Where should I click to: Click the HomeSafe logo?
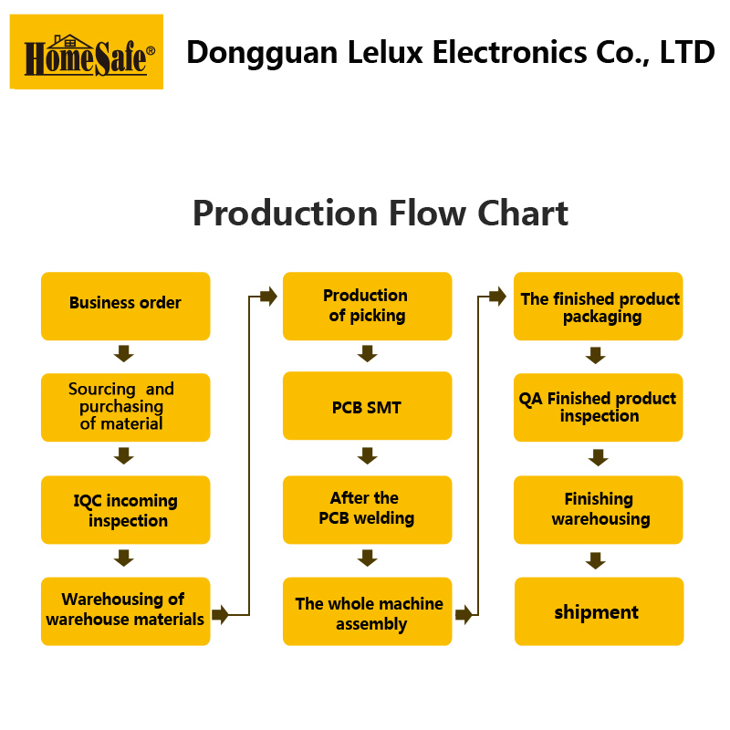[87, 52]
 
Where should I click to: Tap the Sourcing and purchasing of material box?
[126, 407]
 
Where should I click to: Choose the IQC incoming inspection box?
[126, 509]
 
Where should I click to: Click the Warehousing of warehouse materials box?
[126, 610]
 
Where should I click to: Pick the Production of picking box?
[367, 306]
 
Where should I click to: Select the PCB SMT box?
[367, 406]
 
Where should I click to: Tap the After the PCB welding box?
[367, 509]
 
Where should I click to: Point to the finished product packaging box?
[599, 307]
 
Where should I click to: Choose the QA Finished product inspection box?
[599, 407]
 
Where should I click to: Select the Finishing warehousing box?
[599, 509]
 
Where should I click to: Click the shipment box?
[599, 611]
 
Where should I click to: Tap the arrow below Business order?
[124, 353]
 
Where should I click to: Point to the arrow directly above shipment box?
[596, 560]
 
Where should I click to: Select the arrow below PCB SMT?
[368, 455]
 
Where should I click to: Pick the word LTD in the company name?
[686, 52]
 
